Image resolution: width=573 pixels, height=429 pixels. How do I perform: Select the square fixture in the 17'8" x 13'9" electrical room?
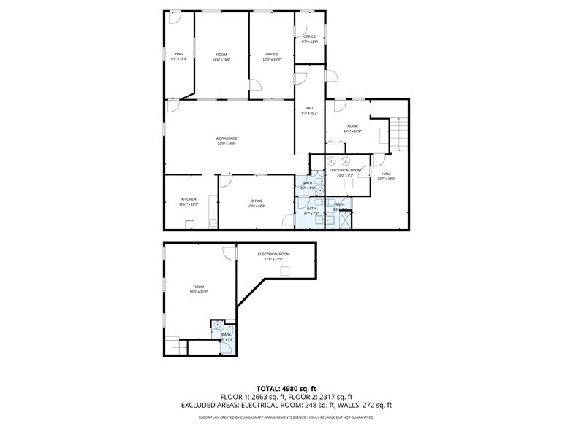tap(285, 271)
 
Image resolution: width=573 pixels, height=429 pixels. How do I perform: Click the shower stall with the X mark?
tap(346, 220)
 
